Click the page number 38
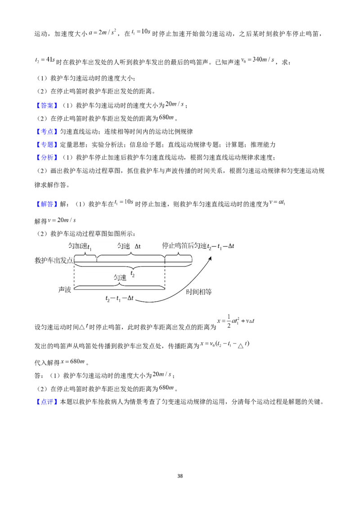coord(180,476)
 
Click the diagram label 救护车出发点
coord(54,260)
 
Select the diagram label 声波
coord(65,290)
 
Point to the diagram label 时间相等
coord(199,292)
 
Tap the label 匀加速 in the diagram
coord(78,246)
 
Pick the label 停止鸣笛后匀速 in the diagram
coord(184,246)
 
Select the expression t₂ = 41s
coord(45,60)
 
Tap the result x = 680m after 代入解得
coord(73,362)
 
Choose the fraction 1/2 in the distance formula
coord(229,321)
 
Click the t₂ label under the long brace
coord(133,274)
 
